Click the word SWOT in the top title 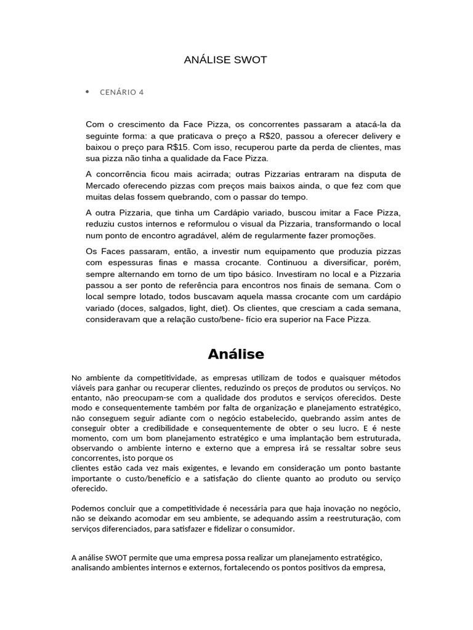point(251,60)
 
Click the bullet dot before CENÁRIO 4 point(87,92)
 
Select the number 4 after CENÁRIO point(141,92)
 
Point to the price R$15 point(179,148)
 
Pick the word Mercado point(105,186)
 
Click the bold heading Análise point(236,354)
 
